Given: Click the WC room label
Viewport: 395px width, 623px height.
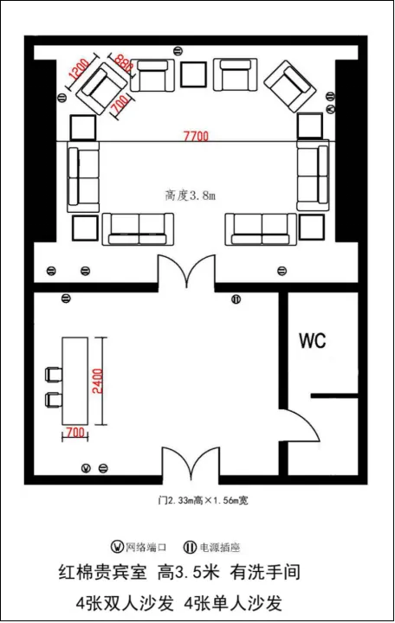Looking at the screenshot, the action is click(x=313, y=341).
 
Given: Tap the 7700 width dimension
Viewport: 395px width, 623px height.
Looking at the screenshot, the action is click(x=196, y=137).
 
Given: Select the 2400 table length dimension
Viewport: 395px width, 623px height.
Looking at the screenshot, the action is click(x=98, y=381).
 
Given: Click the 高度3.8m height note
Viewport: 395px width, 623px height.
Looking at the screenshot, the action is click(x=191, y=196).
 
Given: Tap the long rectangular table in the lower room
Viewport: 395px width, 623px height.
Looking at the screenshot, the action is click(x=74, y=381).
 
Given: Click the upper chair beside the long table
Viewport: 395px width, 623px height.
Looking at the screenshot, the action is click(x=54, y=375).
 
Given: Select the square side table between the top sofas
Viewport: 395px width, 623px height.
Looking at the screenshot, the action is click(x=194, y=74).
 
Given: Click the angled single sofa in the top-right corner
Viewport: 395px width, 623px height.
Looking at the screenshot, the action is click(x=290, y=86).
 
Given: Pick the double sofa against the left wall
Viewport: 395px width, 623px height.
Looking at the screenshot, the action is click(x=83, y=179).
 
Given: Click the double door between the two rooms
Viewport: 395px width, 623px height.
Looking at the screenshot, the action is click(x=186, y=268).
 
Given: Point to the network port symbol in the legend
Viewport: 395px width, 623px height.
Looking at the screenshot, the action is click(x=117, y=547).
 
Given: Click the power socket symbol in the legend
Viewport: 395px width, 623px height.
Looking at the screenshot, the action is click(x=190, y=548).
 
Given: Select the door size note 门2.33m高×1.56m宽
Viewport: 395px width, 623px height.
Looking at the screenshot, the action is click(x=203, y=500).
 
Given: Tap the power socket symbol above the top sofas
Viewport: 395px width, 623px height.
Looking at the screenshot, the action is click(x=178, y=50).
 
